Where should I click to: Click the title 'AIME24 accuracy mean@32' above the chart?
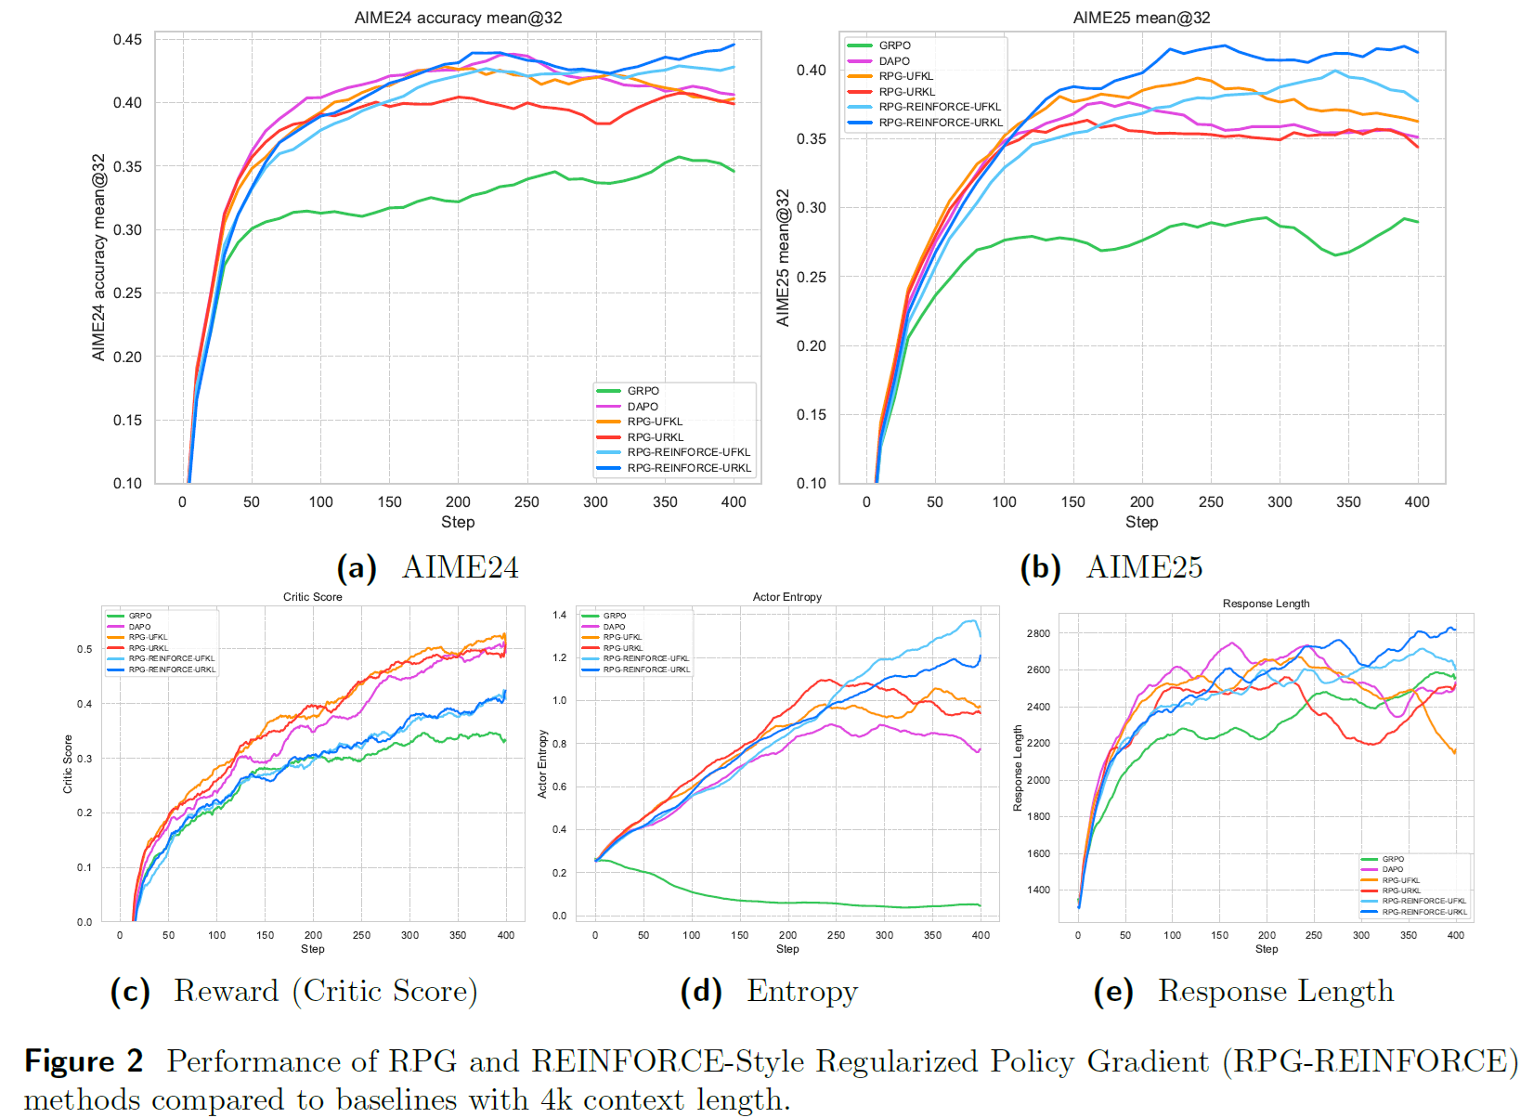458,18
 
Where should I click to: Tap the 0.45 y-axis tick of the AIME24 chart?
127,39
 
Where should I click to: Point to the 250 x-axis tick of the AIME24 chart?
526,502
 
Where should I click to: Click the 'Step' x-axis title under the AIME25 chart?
1141,522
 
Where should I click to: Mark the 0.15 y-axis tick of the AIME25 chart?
811,414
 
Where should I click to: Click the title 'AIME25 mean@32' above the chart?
1141,18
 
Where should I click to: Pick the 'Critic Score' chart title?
312,597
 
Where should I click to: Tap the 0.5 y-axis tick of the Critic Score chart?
84,649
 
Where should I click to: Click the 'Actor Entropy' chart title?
787,597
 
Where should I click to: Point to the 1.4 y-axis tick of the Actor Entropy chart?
559,616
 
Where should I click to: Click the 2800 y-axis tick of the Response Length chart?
1038,633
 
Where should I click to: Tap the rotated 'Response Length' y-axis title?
1017,768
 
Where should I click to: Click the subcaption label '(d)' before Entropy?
701,992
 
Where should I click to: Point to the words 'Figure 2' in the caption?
84,1061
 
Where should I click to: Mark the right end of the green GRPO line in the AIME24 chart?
734,171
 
